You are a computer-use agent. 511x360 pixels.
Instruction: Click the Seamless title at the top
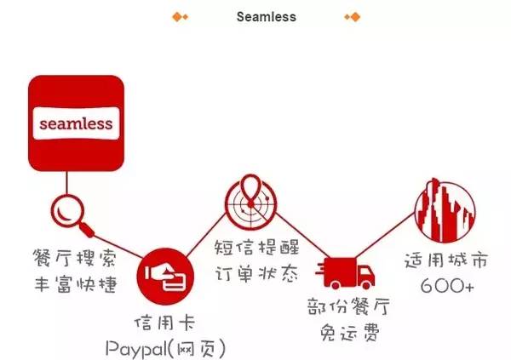(267, 16)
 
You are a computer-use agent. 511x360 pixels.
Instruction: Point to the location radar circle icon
(250, 202)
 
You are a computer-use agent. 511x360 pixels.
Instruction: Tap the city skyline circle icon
(445, 207)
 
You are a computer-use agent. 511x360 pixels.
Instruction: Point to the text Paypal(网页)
(165, 347)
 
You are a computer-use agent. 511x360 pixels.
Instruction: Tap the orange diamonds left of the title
(181, 16)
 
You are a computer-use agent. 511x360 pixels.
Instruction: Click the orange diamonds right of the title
(352, 16)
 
